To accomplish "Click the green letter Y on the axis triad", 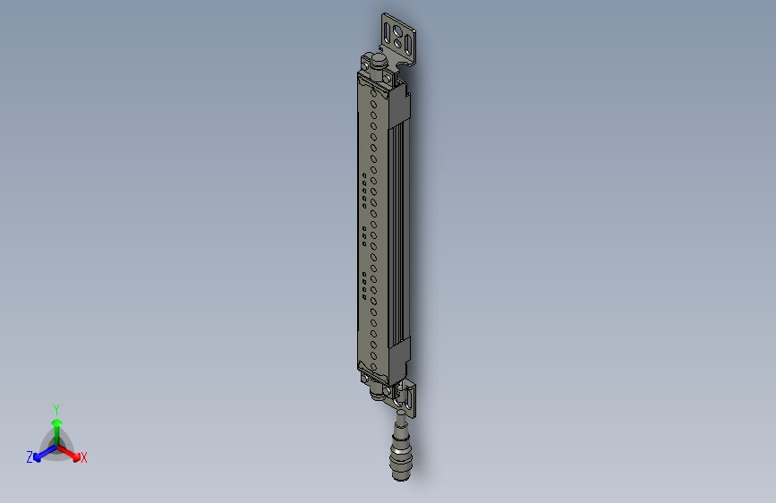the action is point(56,409).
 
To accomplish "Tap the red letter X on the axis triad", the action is point(83,457).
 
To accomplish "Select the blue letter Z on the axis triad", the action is point(30,457).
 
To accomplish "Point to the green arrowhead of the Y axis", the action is point(57,422).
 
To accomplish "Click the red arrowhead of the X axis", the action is point(76,457).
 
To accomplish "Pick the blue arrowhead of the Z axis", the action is point(38,457).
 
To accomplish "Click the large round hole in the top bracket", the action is point(397,32).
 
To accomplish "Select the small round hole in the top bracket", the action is point(397,44).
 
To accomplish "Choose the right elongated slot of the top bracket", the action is point(408,45).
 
